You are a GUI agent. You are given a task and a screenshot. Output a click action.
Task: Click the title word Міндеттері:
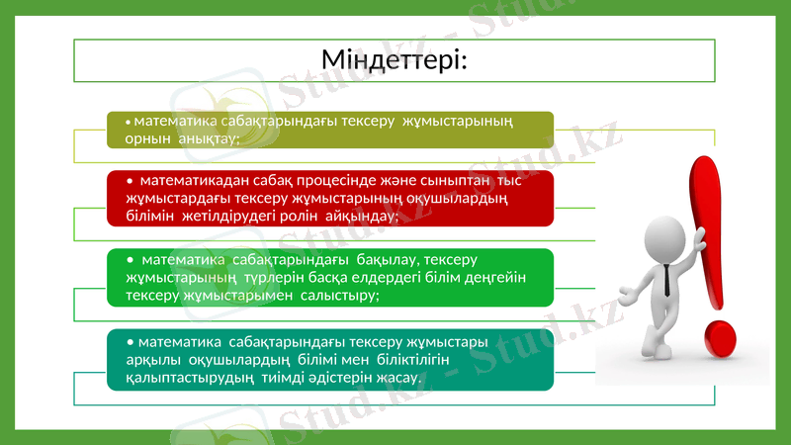coord(395,60)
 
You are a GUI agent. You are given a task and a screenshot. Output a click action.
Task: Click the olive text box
coord(329,130)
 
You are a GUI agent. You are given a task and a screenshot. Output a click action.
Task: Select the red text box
coord(329,198)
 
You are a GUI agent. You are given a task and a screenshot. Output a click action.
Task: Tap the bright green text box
coord(329,277)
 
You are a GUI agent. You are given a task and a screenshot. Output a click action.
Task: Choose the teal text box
coord(329,360)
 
